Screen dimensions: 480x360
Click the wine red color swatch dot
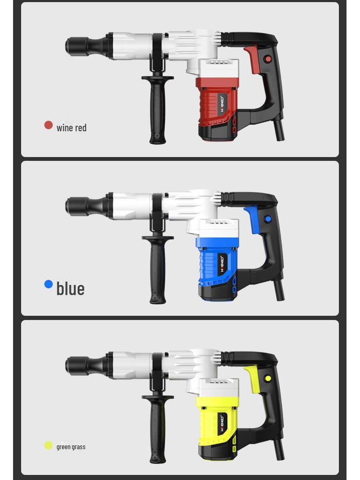48,125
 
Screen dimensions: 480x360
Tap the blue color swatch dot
48,284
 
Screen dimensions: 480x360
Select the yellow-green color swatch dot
48,445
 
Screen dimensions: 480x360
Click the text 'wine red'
71,127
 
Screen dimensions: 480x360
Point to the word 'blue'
70,288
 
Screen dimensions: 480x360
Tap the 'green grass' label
71,447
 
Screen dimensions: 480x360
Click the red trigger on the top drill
253,59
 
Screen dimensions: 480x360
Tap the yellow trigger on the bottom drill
253,377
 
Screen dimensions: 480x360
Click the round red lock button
268,59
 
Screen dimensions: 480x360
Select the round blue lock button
268,219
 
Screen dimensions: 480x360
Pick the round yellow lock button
268,378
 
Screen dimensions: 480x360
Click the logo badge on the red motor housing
222,105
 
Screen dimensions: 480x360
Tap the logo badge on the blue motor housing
222,264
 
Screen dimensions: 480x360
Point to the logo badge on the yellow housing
222,424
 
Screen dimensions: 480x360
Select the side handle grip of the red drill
157,112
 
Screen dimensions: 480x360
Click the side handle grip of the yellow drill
157,431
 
